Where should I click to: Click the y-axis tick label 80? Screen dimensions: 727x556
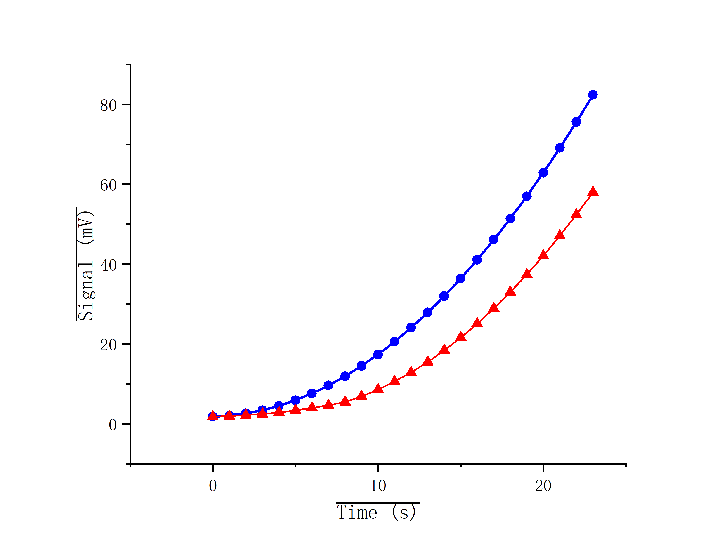[x=108, y=106]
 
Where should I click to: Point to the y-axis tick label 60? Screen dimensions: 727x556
[x=108, y=185]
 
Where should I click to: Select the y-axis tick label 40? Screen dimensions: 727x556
[x=108, y=265]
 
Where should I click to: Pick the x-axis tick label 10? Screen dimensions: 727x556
[x=378, y=486]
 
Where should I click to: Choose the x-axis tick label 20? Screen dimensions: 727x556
[x=543, y=486]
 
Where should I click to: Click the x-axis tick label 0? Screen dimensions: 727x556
[x=213, y=486]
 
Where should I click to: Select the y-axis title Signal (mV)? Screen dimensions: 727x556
[x=85, y=265]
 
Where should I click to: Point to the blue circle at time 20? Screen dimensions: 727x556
[x=543, y=173]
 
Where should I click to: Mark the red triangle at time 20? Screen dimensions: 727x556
[x=543, y=255]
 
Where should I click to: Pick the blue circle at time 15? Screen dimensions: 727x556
[x=460, y=279]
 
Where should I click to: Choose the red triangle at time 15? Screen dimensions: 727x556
[x=460, y=337]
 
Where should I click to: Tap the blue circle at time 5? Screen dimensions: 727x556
[x=295, y=400]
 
